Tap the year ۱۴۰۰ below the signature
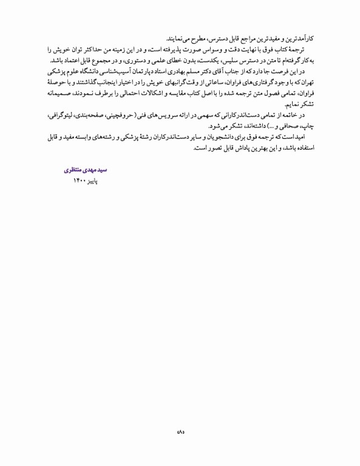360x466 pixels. click(x=81, y=173)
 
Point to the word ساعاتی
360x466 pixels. click(x=217, y=83)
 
